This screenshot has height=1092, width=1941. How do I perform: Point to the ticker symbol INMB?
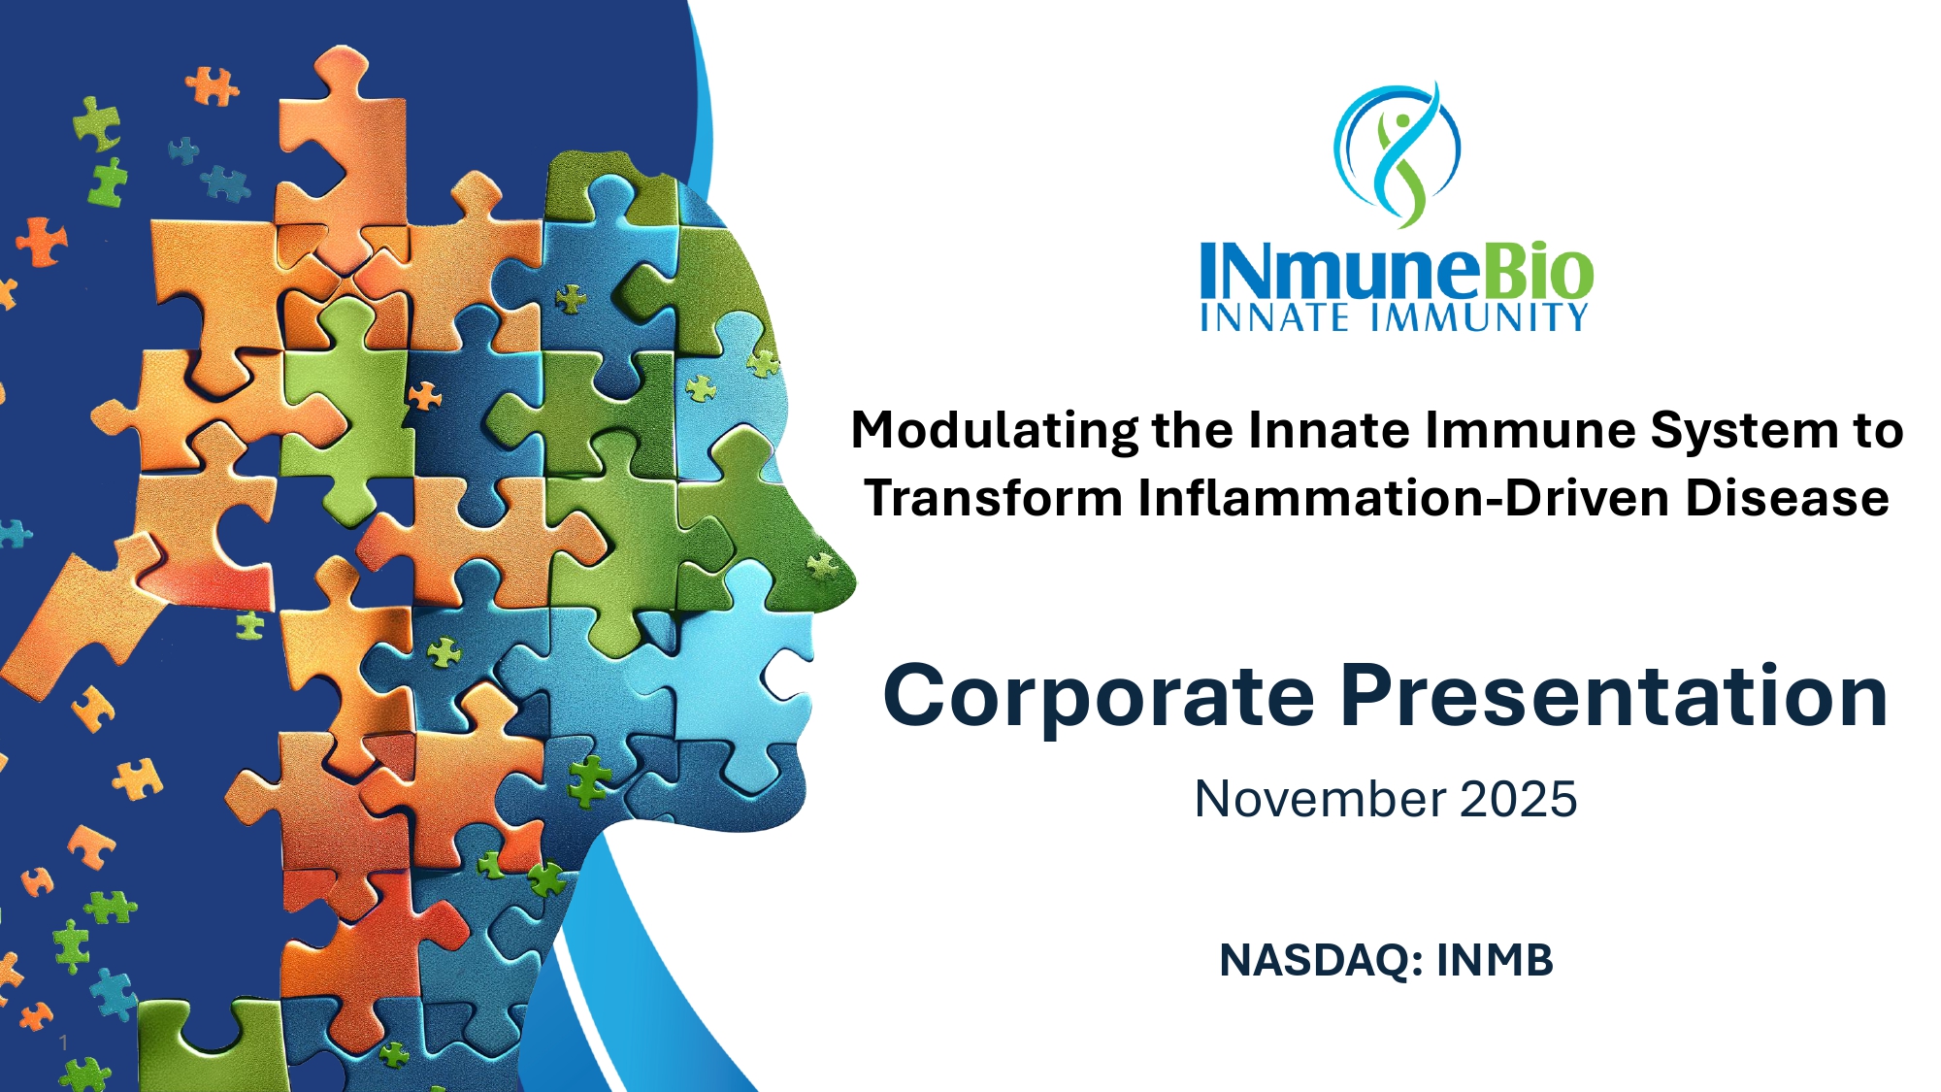(1495, 960)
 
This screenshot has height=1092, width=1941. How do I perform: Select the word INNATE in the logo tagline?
(1274, 317)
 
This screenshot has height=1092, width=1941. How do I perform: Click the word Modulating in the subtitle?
(995, 431)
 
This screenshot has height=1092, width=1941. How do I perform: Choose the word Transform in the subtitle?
(994, 498)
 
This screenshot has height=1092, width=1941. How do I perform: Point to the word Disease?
(1787, 498)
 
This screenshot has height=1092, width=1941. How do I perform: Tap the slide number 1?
(63, 1042)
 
